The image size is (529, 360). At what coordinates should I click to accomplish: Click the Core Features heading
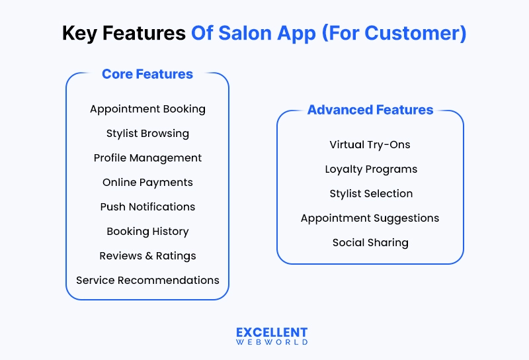pos(147,74)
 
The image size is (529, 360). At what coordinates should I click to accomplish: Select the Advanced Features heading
pos(370,110)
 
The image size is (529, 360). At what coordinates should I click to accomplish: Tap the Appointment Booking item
pos(147,109)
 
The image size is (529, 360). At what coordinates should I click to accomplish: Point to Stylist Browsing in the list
pos(147,133)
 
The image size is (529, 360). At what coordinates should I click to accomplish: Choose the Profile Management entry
pos(147,157)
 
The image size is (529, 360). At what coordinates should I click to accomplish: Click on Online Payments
pos(147,182)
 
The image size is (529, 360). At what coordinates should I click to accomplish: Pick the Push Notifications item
pos(147,206)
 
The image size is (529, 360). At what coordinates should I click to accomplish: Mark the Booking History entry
pos(147,231)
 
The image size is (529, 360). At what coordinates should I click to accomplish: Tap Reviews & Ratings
pos(147,255)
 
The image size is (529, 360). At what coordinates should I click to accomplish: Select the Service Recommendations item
pos(147,280)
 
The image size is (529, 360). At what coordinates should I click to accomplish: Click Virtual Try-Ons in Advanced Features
pos(370,144)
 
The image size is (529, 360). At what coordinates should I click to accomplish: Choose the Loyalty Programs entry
pos(370,169)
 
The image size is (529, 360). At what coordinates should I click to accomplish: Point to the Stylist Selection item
pos(370,193)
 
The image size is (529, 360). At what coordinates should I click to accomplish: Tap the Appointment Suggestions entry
pos(370,218)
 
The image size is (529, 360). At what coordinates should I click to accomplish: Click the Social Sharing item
pos(370,242)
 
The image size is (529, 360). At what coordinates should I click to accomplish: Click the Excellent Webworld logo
pos(272,336)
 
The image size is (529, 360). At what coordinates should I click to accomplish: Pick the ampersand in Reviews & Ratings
pos(149,255)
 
